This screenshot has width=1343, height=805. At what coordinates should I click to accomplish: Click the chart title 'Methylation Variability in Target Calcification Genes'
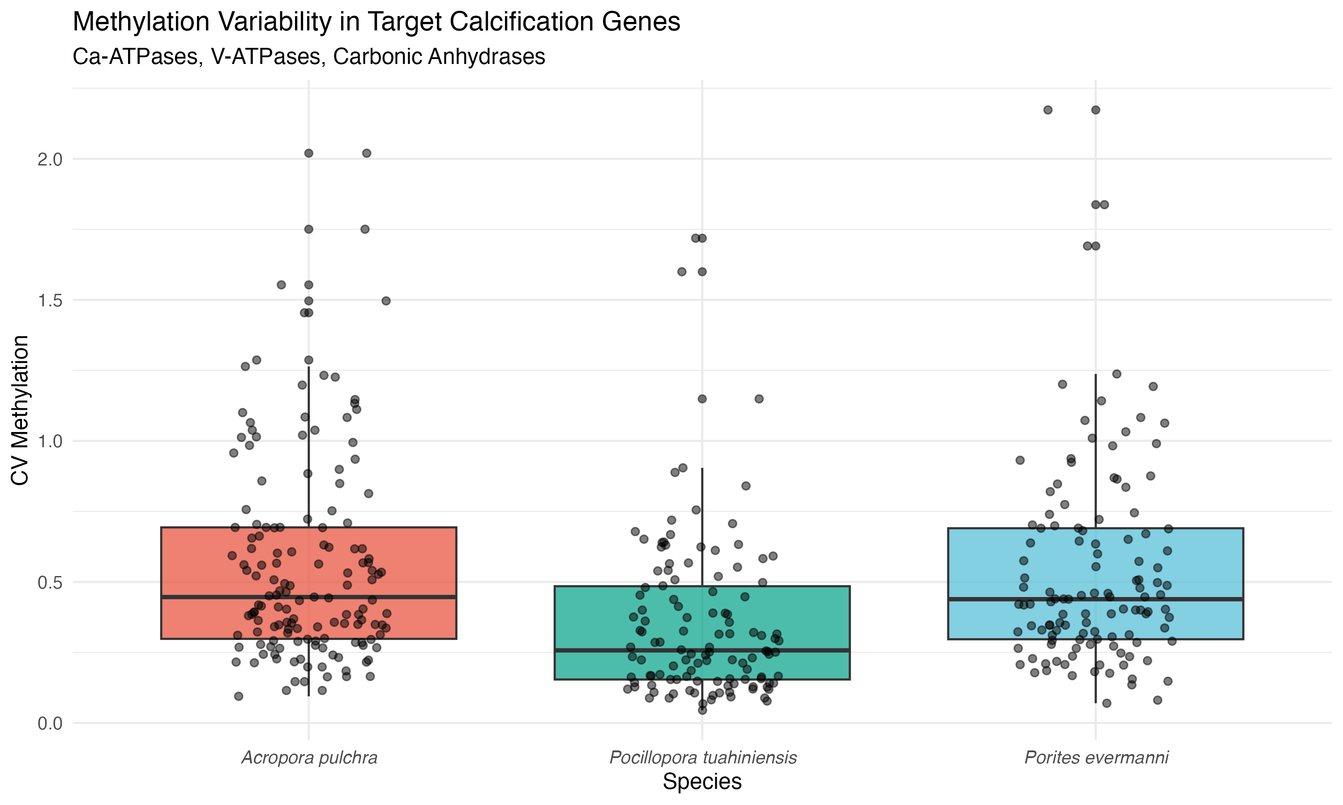(376, 22)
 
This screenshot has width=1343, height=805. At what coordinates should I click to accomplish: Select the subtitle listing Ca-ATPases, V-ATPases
(309, 56)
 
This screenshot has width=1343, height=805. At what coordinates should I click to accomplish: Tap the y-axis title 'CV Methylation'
(20, 410)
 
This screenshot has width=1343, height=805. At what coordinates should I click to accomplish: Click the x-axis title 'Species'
(702, 782)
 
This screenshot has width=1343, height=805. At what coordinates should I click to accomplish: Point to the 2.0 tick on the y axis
(50, 160)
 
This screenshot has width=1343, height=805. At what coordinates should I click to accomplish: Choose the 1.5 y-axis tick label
(50, 301)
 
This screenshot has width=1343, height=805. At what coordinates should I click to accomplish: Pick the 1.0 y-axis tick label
(50, 441)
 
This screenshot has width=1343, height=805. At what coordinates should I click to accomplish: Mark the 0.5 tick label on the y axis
(50, 583)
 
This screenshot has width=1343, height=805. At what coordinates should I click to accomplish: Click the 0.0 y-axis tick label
(50, 724)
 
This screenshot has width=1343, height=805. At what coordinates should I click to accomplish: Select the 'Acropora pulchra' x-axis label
(309, 758)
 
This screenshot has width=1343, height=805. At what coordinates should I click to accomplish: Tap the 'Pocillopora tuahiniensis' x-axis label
(702, 758)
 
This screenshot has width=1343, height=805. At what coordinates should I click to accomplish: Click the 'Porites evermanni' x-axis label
(1096, 758)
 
